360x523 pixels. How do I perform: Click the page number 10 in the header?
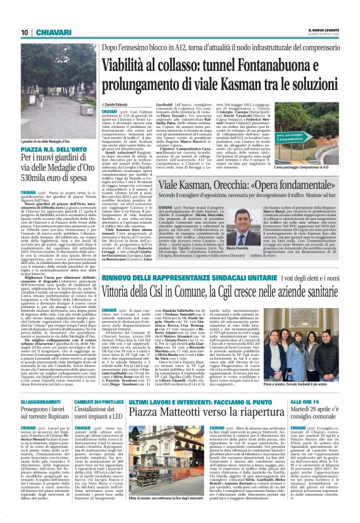click(25, 32)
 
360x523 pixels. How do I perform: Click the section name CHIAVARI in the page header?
click(49, 32)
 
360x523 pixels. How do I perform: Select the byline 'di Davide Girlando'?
click(116, 105)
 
